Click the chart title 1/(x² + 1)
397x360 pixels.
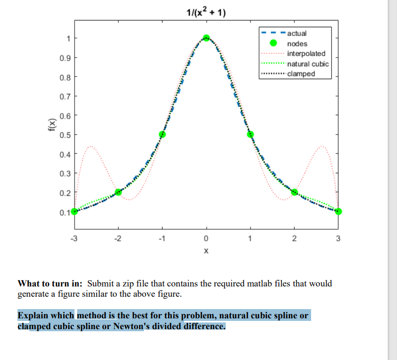pyautogui.click(x=206, y=12)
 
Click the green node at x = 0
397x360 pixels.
pyautogui.click(x=206, y=38)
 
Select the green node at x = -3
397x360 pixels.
pyautogui.click(x=75, y=211)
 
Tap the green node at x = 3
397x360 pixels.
pyautogui.click(x=338, y=211)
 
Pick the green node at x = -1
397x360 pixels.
pyautogui.click(x=163, y=134)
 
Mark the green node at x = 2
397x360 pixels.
pyautogui.click(x=294, y=192)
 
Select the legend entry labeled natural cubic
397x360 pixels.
pyautogui.click(x=308, y=64)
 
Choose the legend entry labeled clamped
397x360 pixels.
pyautogui.click(x=301, y=74)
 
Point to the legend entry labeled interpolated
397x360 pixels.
pyautogui.click(x=306, y=53)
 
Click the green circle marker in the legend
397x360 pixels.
pyautogui.click(x=273, y=44)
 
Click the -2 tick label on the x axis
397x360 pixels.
pyautogui.click(x=118, y=238)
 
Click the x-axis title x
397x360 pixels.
pyautogui.click(x=206, y=251)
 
